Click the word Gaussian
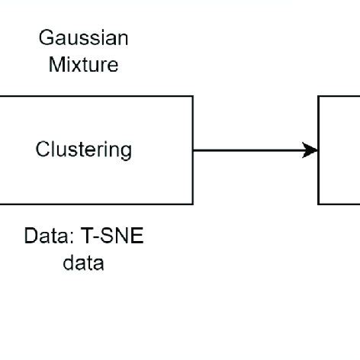point(83,38)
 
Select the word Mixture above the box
point(83,64)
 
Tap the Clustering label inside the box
point(83,149)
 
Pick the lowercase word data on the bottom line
point(83,263)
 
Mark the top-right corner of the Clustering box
point(192,97)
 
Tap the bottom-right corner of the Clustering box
point(192,204)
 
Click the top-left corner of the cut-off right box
point(319,97)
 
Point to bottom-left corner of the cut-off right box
point(319,204)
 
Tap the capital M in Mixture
point(55,64)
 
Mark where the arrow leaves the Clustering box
point(193,150)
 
